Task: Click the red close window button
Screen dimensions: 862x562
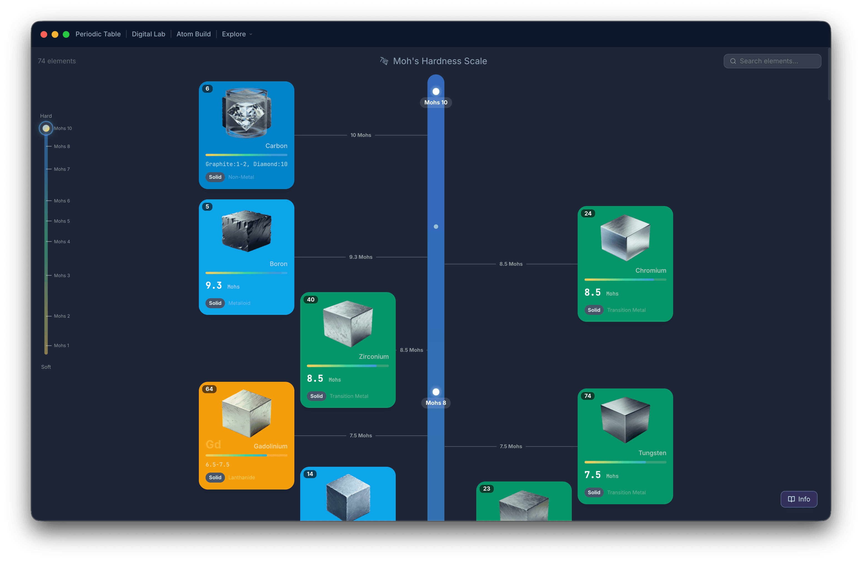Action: (x=44, y=34)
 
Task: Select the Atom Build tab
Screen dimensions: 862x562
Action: (x=193, y=34)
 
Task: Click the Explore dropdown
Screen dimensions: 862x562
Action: (x=237, y=34)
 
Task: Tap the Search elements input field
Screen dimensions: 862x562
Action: (x=772, y=61)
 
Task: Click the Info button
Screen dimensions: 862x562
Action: (x=799, y=499)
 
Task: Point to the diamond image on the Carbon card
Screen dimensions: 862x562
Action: (x=247, y=113)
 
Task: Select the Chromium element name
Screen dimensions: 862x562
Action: (x=650, y=270)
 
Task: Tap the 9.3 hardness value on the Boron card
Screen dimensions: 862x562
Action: (x=214, y=285)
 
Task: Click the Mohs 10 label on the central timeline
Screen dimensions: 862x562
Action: (x=436, y=102)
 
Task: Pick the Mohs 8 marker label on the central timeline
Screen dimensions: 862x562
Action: (x=436, y=403)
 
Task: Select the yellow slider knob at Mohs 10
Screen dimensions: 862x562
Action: (x=46, y=128)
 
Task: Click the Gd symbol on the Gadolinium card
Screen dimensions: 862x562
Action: (x=213, y=444)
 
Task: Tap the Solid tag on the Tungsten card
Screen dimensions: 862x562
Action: (x=594, y=493)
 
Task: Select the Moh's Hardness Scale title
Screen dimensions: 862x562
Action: (x=440, y=61)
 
